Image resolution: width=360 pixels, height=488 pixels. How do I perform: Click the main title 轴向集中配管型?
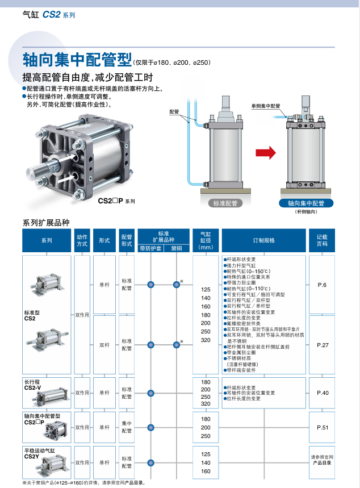(x=77, y=60)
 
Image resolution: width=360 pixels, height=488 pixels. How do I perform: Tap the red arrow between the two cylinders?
(x=265, y=152)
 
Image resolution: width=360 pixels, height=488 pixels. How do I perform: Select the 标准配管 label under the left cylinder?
(x=225, y=203)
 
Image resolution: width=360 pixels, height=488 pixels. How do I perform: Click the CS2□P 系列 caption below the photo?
(x=116, y=201)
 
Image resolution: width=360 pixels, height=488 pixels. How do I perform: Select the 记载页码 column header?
(x=322, y=240)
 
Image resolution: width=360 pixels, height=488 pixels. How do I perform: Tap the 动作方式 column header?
(x=82, y=240)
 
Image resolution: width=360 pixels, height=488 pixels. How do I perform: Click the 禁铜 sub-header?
(x=177, y=248)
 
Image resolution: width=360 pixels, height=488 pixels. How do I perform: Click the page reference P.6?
(x=322, y=285)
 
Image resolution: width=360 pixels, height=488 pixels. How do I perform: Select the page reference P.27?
(x=322, y=345)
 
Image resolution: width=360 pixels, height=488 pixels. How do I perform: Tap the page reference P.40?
(x=322, y=393)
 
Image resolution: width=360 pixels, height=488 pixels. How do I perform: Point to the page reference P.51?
(x=322, y=427)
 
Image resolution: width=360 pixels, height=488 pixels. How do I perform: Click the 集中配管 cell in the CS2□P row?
(x=127, y=427)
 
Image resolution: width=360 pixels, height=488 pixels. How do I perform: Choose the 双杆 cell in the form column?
(x=104, y=345)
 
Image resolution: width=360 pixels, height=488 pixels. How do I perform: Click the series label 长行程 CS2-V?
(x=32, y=385)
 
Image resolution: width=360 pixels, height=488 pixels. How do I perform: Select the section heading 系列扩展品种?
(x=46, y=223)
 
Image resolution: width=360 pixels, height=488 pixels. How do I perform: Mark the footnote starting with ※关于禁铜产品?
(x=79, y=483)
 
